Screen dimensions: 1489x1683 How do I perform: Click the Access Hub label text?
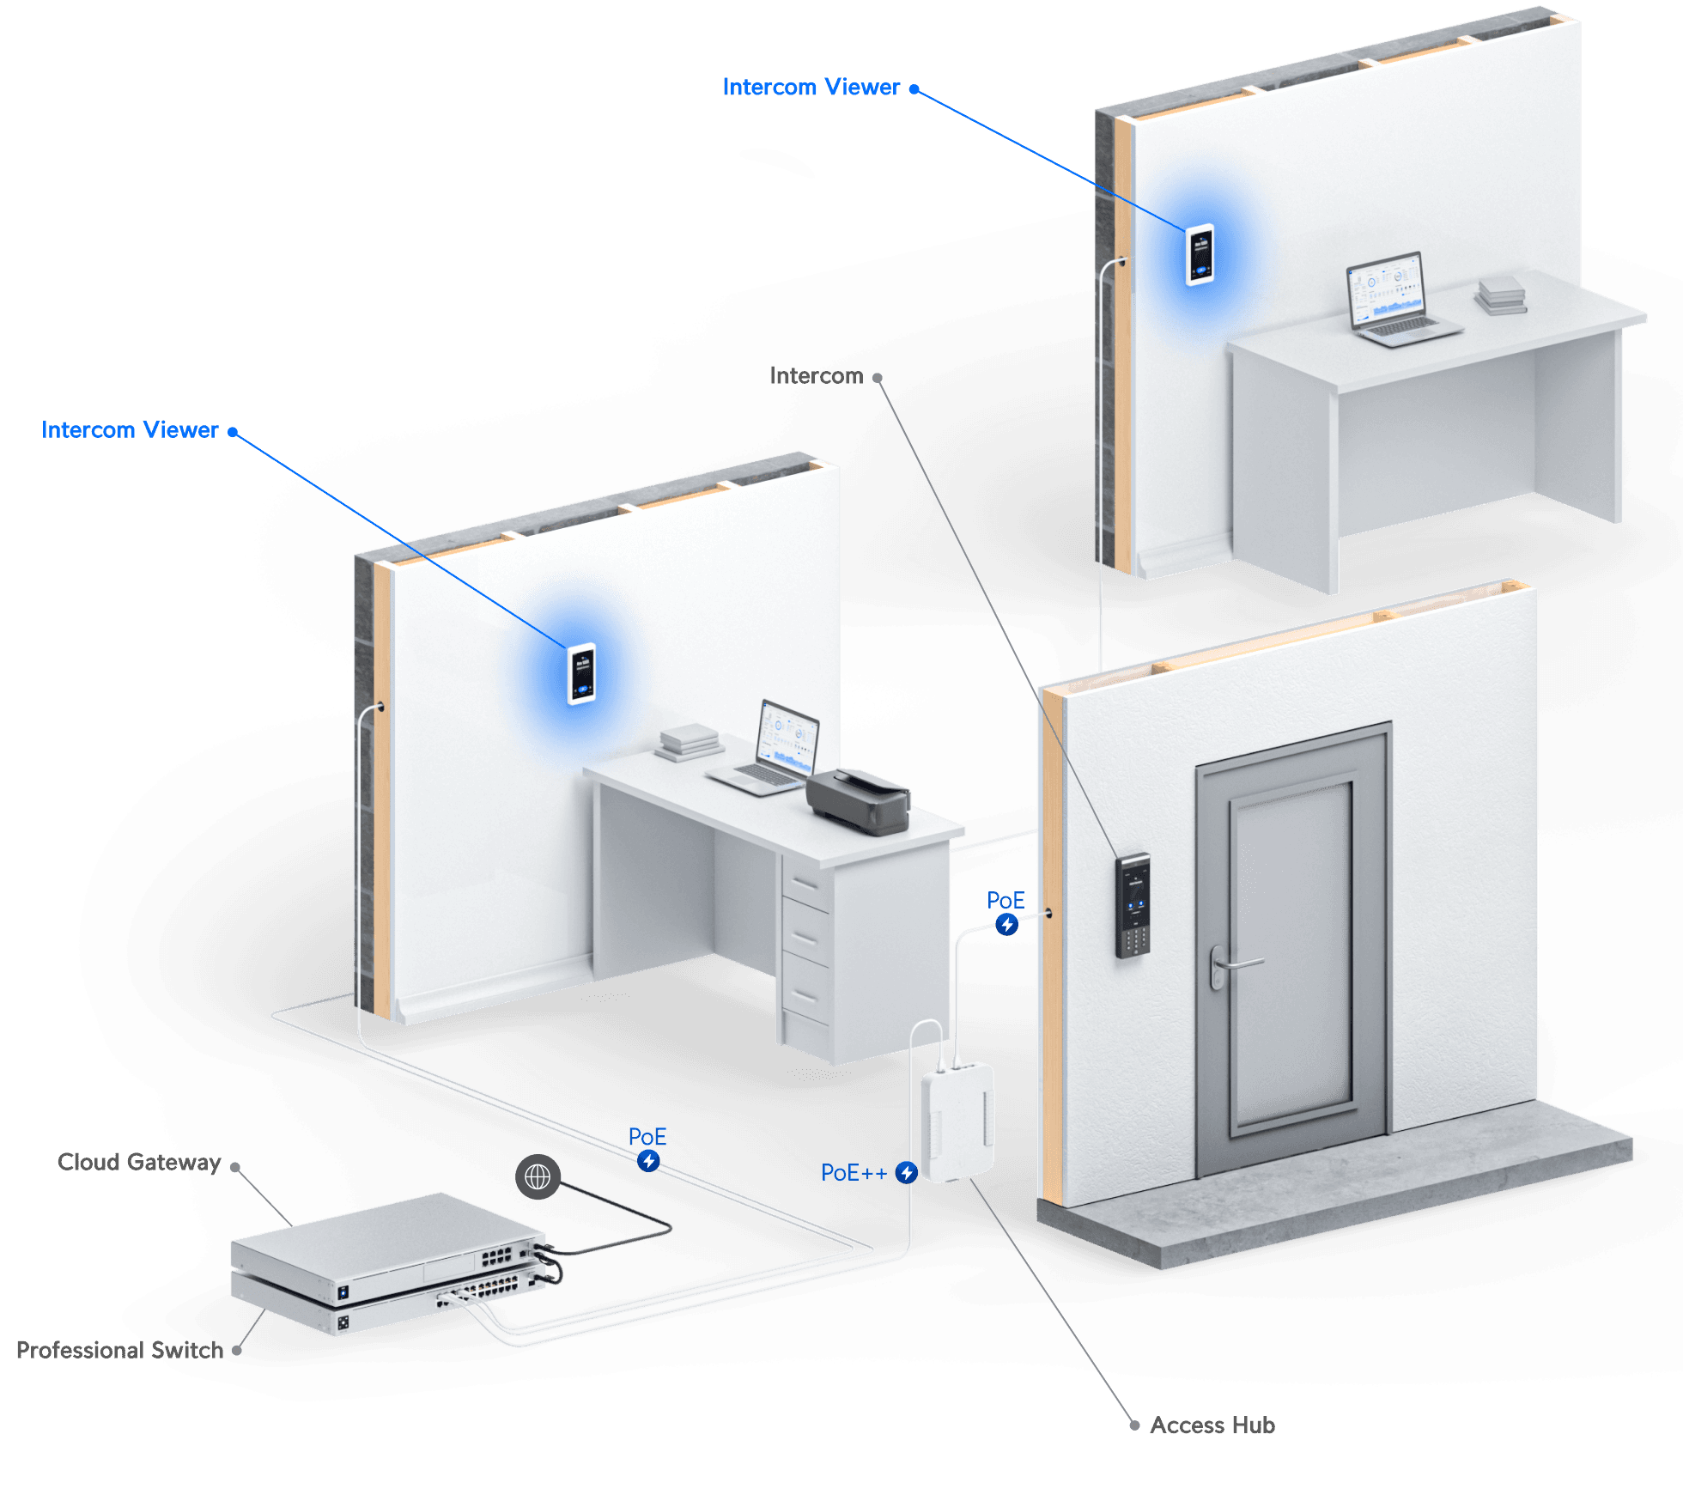(x=1212, y=1425)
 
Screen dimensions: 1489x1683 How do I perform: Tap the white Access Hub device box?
(x=957, y=1121)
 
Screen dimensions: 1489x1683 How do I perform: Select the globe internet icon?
(x=538, y=1176)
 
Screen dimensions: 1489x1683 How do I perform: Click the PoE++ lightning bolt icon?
(x=906, y=1172)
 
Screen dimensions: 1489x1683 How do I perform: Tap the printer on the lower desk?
(x=858, y=800)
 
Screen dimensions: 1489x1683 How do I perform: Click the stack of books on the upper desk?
(x=1501, y=295)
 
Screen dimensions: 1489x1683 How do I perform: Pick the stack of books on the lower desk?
(x=688, y=742)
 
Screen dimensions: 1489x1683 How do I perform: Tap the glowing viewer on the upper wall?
(x=1200, y=254)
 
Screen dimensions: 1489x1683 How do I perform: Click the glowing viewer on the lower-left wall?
(x=581, y=674)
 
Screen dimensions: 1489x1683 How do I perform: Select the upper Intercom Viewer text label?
(x=811, y=87)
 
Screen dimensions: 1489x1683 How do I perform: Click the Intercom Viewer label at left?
(x=130, y=429)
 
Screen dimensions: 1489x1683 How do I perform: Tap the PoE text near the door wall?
(x=1006, y=900)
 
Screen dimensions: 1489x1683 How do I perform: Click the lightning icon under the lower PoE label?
(x=648, y=1161)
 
